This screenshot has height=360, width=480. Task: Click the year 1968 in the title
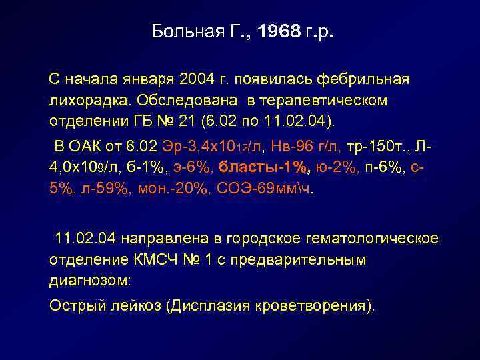pos(279,32)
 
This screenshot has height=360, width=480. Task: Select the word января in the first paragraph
pos(147,80)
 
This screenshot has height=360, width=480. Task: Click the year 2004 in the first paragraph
pos(197,80)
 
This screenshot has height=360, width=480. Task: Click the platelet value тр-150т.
pos(352,147)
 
